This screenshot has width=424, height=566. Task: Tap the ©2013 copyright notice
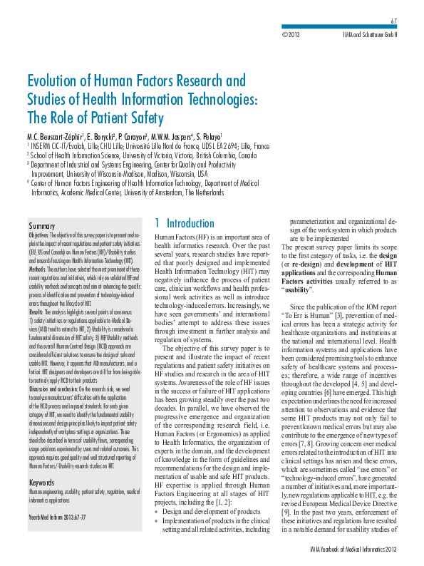291,34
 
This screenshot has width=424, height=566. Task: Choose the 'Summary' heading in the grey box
42,225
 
